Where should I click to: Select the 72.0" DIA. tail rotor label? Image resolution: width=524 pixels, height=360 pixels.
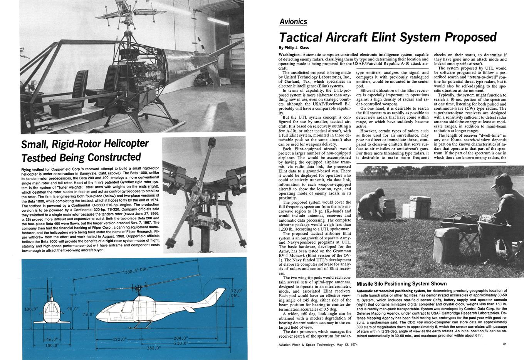[236, 293]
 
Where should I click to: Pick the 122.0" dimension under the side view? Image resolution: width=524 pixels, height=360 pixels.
[119, 339]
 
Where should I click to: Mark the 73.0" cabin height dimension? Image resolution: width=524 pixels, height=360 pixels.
[88, 314]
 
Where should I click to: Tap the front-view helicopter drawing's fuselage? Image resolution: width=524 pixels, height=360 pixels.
[52, 311]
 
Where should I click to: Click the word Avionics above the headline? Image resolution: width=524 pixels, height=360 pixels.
[293, 22]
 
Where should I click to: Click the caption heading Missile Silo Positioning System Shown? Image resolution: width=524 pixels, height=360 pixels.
[402, 284]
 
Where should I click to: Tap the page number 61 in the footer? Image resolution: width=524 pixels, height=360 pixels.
[505, 344]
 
